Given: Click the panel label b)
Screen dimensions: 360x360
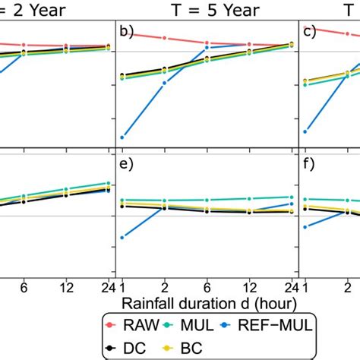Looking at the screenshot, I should point(127,33).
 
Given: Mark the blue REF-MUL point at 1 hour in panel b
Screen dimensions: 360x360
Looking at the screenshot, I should point(122,137).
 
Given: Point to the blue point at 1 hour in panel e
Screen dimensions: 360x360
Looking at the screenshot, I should point(122,237).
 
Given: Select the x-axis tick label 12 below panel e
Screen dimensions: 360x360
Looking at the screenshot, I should point(249,287).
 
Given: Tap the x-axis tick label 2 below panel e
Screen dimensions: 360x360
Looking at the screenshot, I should point(165,287).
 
